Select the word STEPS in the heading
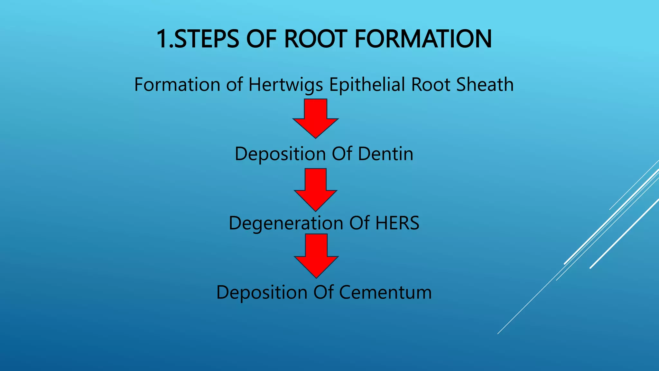click(x=207, y=39)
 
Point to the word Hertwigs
click(x=285, y=85)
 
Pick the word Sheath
click(x=485, y=84)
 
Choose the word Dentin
click(x=385, y=154)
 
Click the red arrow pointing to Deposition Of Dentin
click(x=316, y=118)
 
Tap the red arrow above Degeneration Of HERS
click(x=316, y=189)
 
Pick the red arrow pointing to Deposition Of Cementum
click(x=316, y=255)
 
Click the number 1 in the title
click(x=162, y=39)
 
